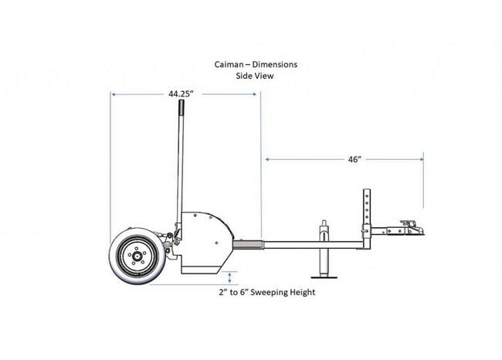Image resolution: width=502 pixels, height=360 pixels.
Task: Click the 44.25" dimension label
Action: pos(181,93)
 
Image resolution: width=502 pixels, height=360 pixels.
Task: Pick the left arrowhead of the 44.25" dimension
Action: pos(114,94)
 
